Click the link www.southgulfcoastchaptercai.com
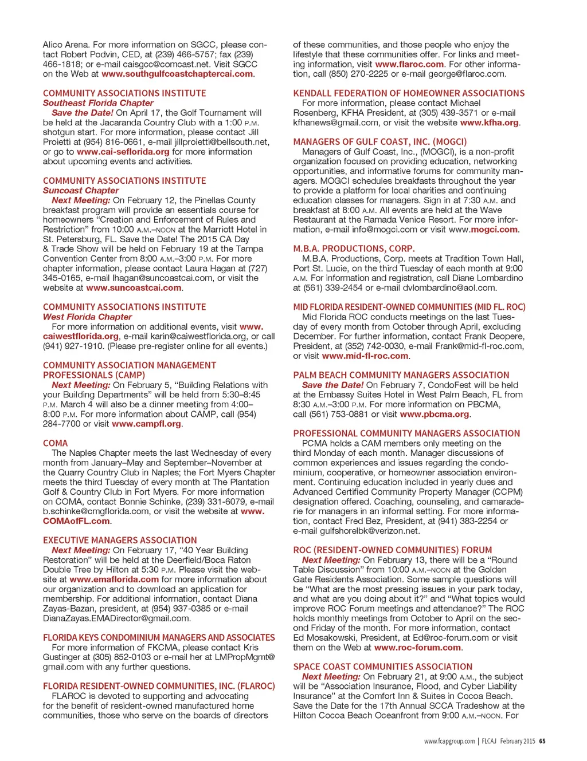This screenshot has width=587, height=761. click(178, 74)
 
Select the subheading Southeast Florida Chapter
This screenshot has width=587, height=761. click(98, 103)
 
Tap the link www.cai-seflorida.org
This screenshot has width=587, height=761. click(123, 152)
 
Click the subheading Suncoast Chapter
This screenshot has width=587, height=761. click(81, 191)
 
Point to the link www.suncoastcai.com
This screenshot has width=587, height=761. click(134, 288)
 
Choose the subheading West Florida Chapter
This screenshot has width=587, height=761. click(87, 317)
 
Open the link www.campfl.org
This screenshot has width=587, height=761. click(147, 424)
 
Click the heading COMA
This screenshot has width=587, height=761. click(55, 443)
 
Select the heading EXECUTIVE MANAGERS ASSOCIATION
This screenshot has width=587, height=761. click(120, 541)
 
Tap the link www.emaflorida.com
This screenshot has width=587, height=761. click(114, 579)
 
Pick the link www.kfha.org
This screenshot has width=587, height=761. click(489, 123)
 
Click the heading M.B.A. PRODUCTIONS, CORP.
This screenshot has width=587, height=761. click(354, 249)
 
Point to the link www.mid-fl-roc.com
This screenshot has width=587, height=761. click(365, 356)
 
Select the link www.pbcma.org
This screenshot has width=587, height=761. click(434, 415)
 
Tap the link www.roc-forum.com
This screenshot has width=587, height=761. click(417, 648)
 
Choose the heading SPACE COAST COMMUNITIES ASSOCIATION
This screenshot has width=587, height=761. click(382, 667)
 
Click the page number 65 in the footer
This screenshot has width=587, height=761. click(542, 741)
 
